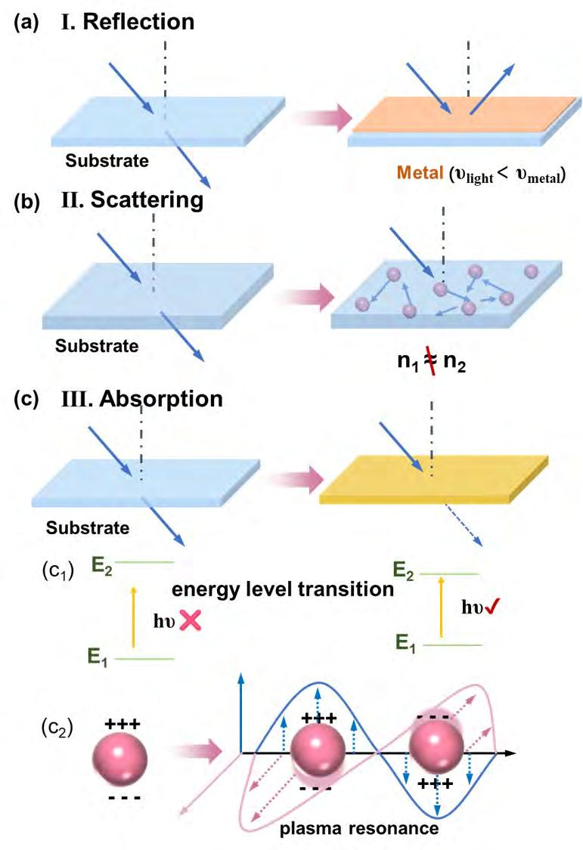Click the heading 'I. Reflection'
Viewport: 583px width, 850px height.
pyautogui.click(x=129, y=22)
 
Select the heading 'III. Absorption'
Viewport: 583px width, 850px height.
pyautogui.click(x=141, y=398)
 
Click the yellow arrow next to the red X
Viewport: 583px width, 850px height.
pyautogui.click(x=134, y=619)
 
